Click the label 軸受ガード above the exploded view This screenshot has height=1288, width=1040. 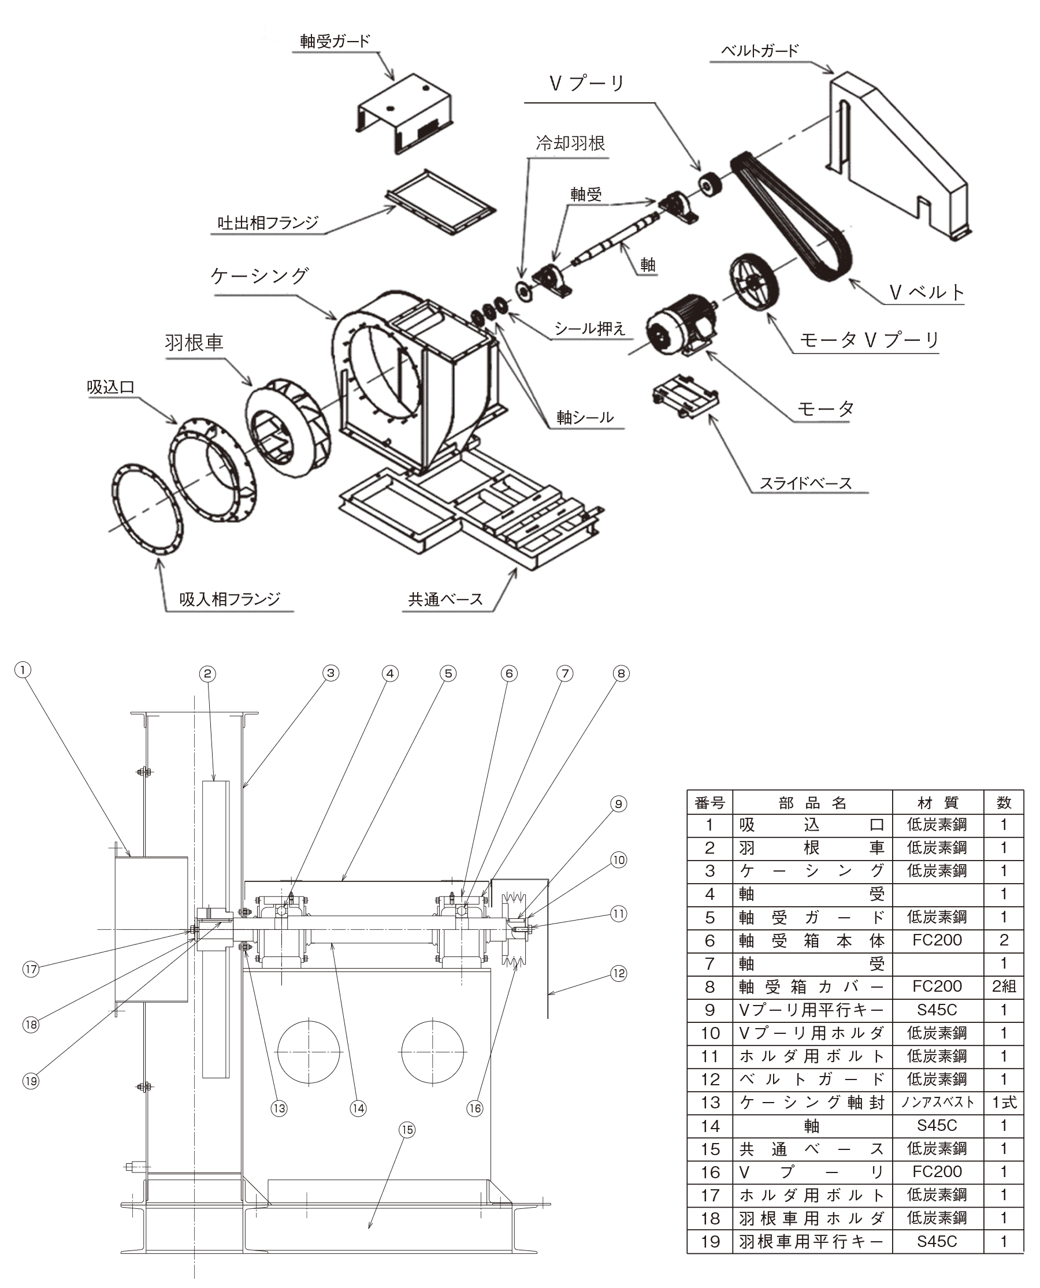(x=335, y=42)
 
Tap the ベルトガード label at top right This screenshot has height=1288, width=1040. (x=759, y=50)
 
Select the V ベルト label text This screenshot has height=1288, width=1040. (x=926, y=292)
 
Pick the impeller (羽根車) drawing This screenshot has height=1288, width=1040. (x=287, y=426)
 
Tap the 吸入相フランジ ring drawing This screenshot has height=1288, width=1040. (x=147, y=508)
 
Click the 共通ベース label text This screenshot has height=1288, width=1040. (x=445, y=599)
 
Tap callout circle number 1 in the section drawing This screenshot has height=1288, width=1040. (x=23, y=669)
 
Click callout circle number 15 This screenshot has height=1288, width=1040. (x=407, y=1129)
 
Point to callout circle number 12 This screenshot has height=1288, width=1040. (x=618, y=973)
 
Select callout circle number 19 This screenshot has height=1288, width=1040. (x=31, y=1081)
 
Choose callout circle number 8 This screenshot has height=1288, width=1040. (x=621, y=673)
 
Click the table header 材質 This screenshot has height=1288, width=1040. (x=938, y=802)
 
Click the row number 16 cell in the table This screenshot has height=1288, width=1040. (x=710, y=1172)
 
